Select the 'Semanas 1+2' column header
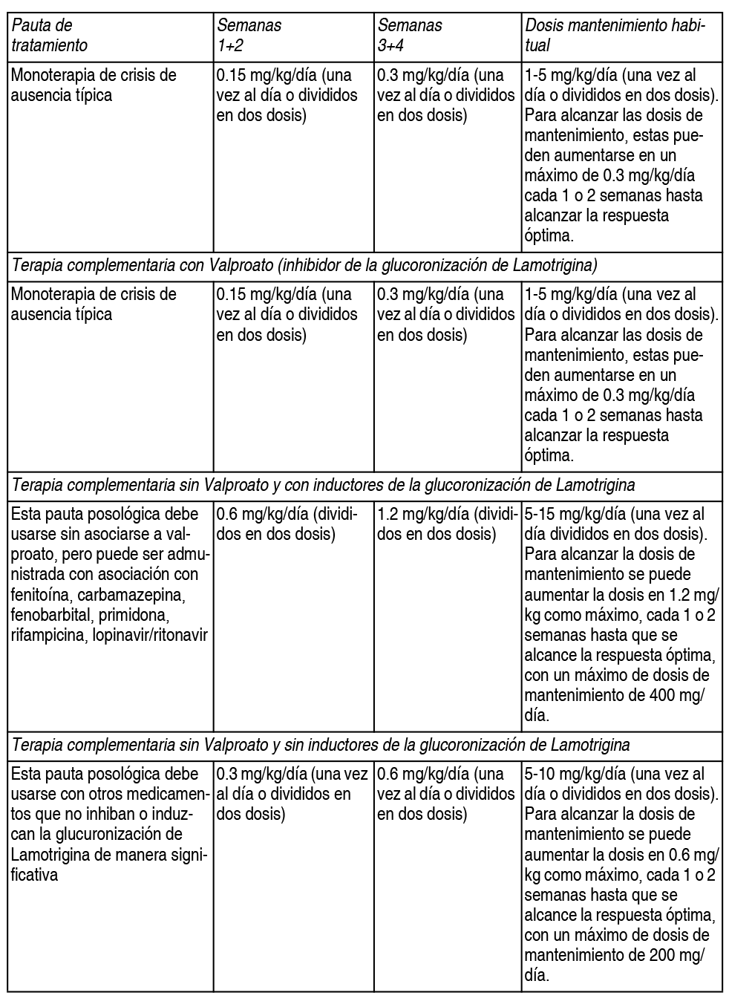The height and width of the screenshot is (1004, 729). point(249,35)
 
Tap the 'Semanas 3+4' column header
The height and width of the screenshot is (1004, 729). point(410,35)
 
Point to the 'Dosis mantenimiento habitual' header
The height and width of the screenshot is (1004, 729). point(614,35)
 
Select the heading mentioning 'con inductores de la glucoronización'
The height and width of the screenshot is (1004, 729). point(324,485)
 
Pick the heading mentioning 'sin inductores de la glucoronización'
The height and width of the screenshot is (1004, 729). point(321,744)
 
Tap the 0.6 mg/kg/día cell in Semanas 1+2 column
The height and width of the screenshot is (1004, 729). point(286,524)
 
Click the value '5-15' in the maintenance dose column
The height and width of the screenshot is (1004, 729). point(540,514)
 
